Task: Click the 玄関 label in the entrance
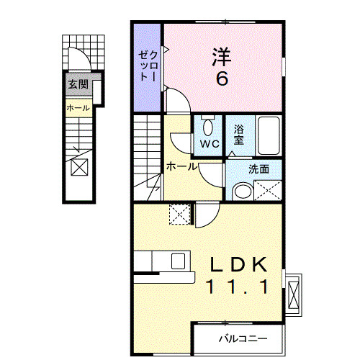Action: pos(78,84)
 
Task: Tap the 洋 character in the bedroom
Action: pos(222,55)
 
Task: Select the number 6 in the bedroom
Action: pos(222,78)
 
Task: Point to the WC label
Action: pos(209,143)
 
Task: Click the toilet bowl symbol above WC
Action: pos(208,125)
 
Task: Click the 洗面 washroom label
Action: pos(259,170)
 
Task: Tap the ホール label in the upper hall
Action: pos(182,166)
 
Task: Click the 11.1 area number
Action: pos(239,287)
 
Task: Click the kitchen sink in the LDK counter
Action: pos(178,260)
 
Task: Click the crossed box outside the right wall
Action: pos(294,294)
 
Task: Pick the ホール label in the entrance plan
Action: pos(78,108)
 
